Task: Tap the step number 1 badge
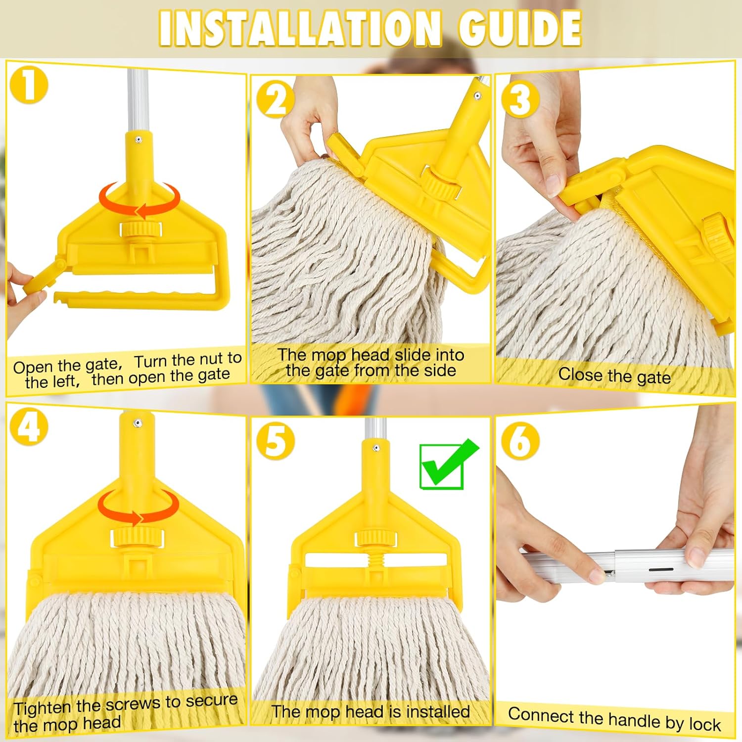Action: (x=29, y=85)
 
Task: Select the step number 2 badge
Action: (x=275, y=99)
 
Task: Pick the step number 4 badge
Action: (x=29, y=427)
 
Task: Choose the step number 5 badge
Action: (x=275, y=440)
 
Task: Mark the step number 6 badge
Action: (x=520, y=440)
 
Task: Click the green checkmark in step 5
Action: (x=447, y=465)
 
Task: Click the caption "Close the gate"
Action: (x=614, y=376)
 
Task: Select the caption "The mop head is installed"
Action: (x=371, y=712)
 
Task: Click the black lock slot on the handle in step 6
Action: (x=660, y=569)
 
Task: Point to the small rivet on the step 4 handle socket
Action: (x=138, y=423)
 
